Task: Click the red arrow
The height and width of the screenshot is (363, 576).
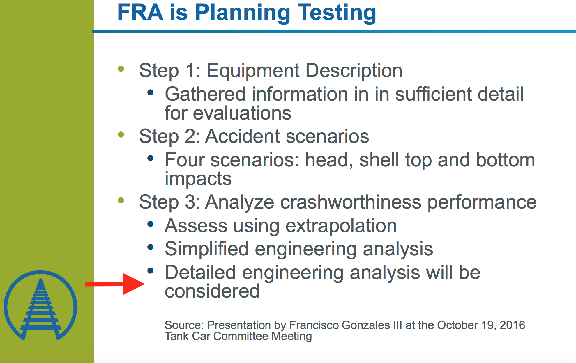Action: coord(115,284)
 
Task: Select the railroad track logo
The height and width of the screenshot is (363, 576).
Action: coord(40,305)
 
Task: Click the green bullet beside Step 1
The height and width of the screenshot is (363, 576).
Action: coord(121,69)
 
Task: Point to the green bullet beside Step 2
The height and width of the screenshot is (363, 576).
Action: coord(121,135)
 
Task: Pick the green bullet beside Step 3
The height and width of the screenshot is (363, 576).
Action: coord(121,200)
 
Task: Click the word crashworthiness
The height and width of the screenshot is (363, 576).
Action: coord(351,202)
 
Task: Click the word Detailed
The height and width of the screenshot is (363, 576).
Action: coord(200,273)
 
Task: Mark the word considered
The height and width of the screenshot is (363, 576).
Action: coord(212,291)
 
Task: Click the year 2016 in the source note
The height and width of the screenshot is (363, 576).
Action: coord(512,325)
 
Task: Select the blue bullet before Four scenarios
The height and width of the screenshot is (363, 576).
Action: coord(151,158)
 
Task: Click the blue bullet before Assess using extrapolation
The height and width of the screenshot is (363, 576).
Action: coord(151,224)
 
